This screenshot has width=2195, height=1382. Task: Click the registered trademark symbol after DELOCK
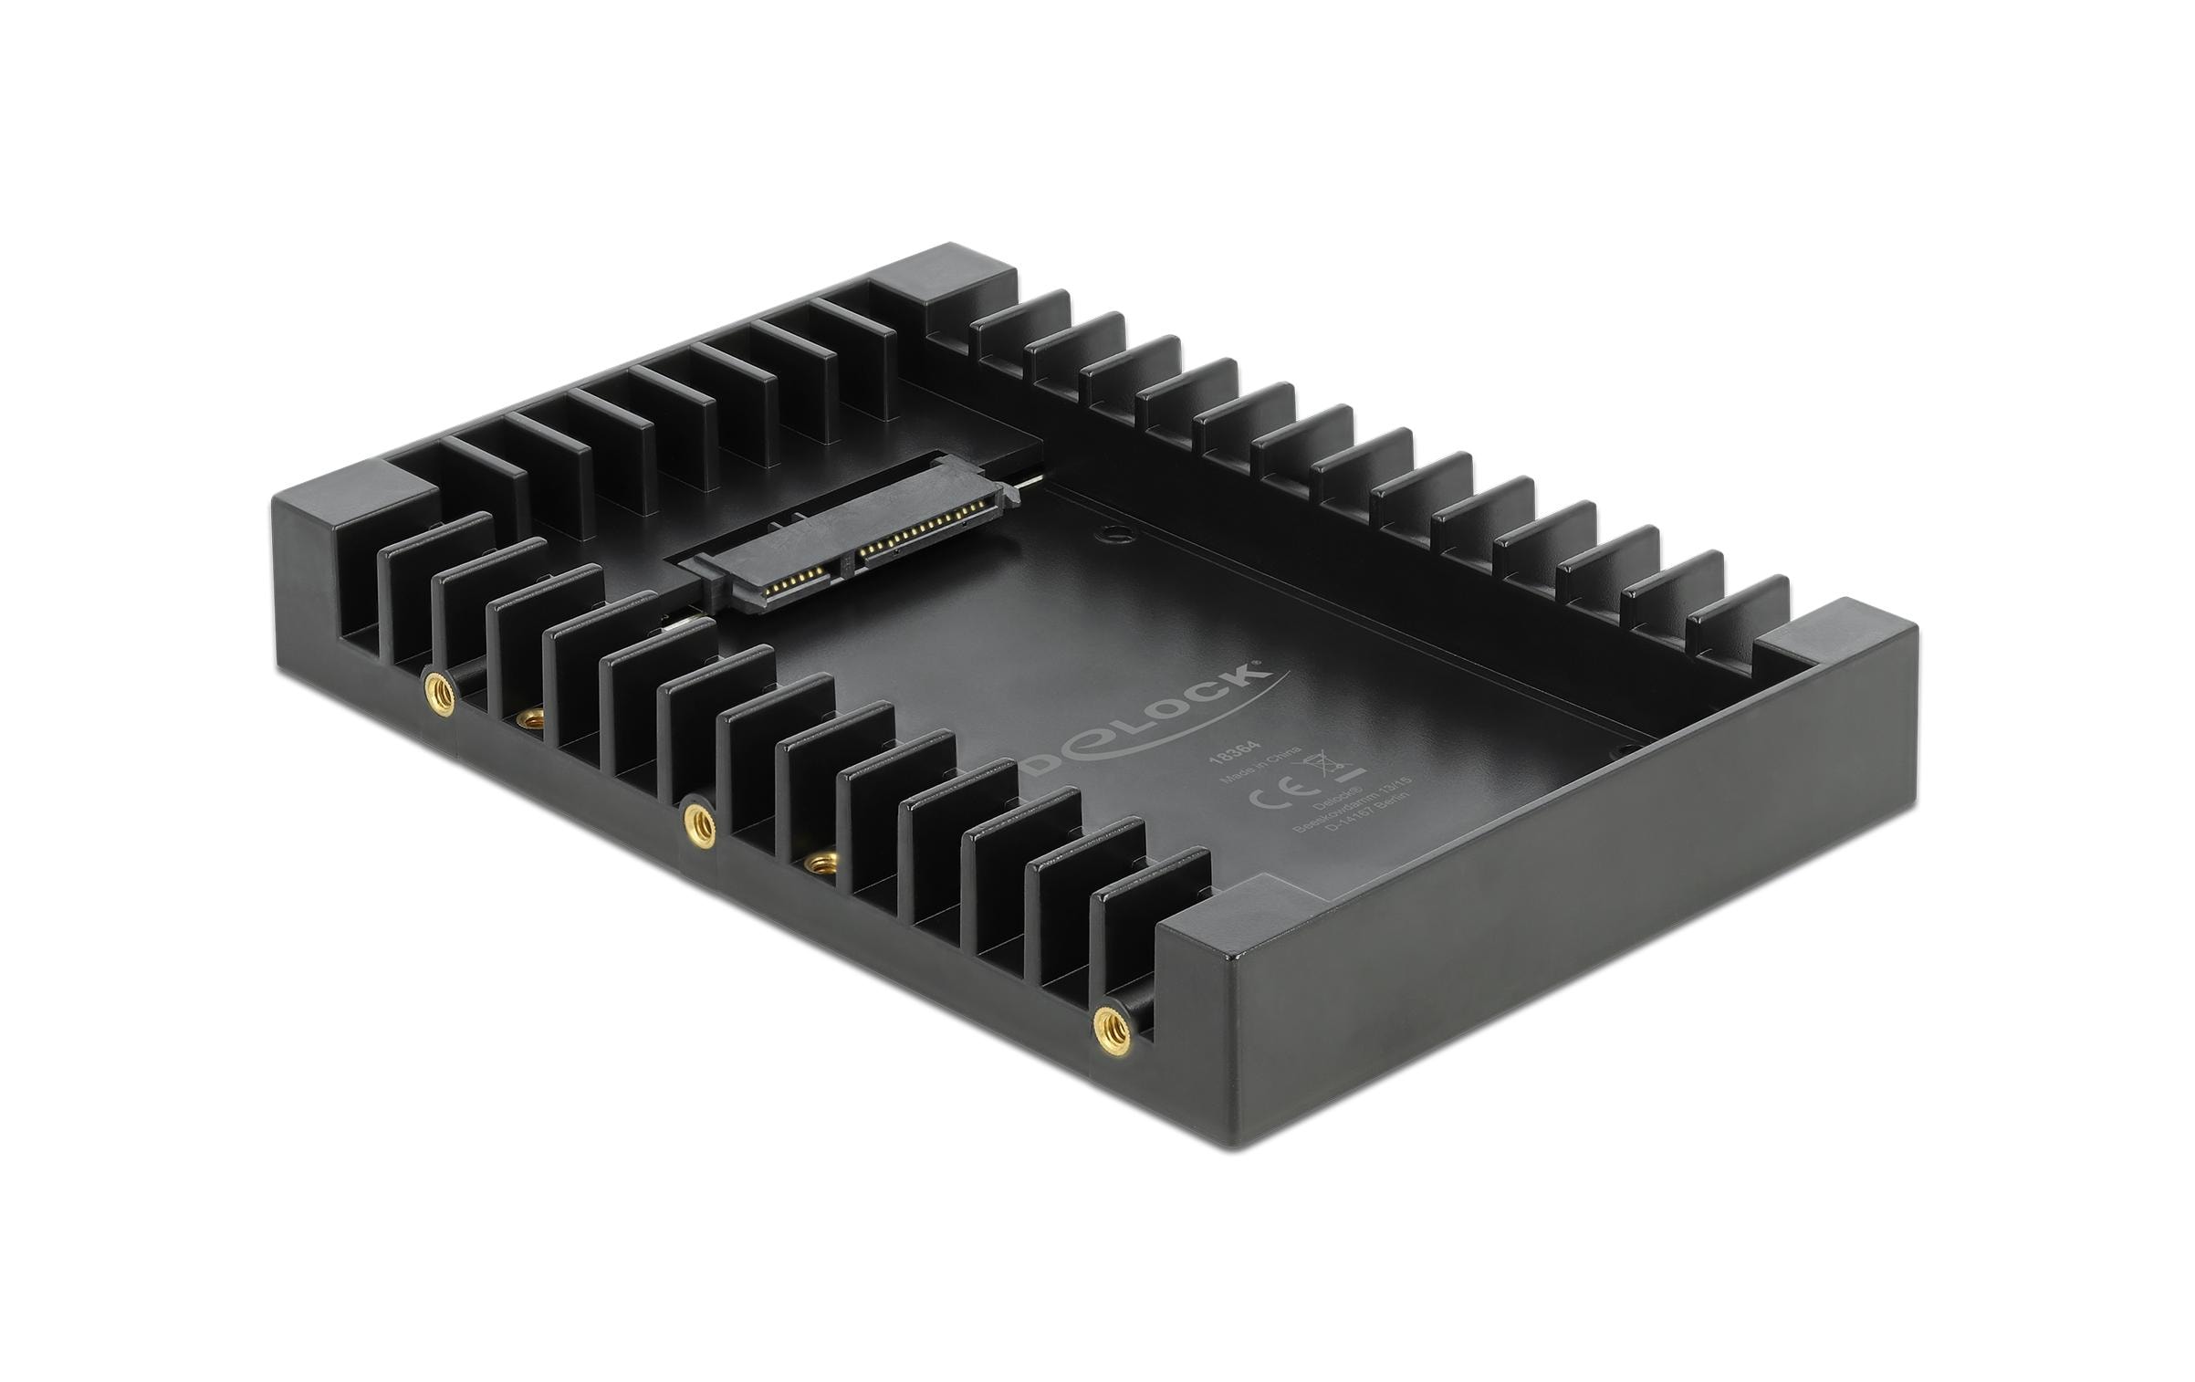[x=1260, y=664]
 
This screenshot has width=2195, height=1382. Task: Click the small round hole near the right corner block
[x=1625, y=750]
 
